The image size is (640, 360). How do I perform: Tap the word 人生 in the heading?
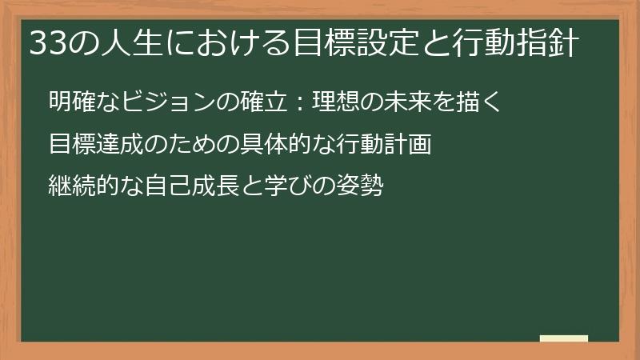point(122,43)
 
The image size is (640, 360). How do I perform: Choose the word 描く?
point(478,102)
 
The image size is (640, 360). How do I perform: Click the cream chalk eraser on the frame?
point(563,338)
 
